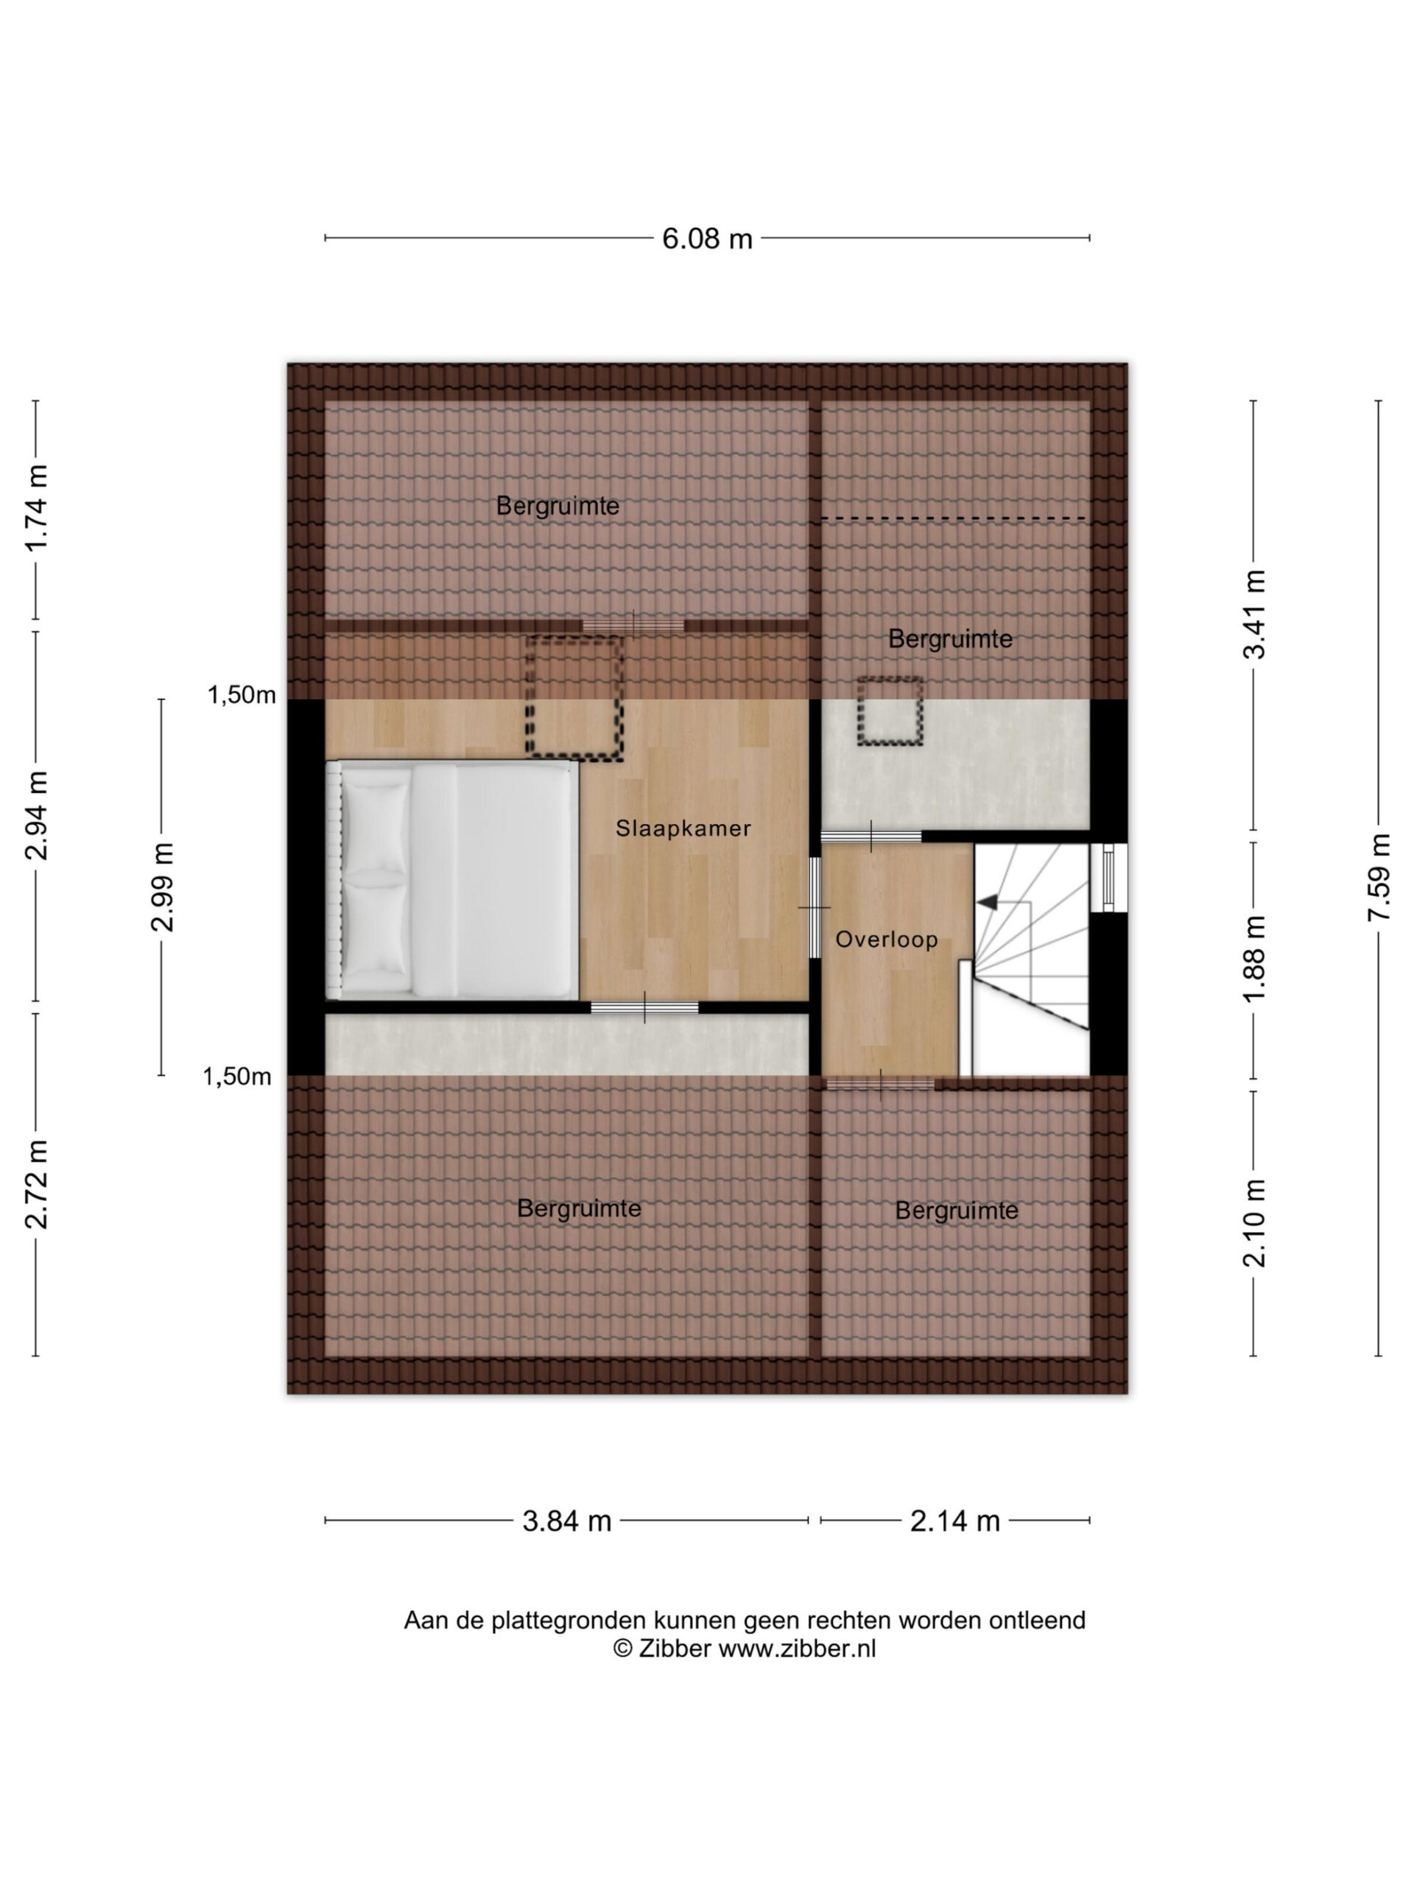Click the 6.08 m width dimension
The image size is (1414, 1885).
[706, 239]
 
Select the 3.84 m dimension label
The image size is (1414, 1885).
[567, 1521]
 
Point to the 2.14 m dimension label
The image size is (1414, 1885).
[954, 1521]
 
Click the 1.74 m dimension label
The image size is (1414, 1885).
[37, 509]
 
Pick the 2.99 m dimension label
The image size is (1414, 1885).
[162, 887]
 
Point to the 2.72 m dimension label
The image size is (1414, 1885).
[37, 1185]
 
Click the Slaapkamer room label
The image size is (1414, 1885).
[683, 828]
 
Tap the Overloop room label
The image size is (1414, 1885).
[887, 939]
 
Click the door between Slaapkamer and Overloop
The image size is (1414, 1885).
[815, 908]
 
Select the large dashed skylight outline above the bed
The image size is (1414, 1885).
[575, 697]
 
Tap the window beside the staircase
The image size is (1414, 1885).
[1108, 877]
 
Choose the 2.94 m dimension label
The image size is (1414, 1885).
[37, 814]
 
